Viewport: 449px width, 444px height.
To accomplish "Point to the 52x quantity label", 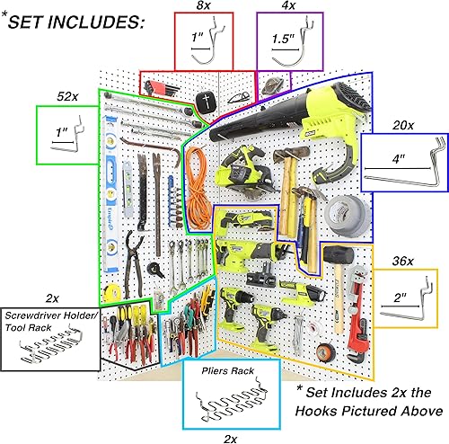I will [65, 95].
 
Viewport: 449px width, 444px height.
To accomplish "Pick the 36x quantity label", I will [401, 261].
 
